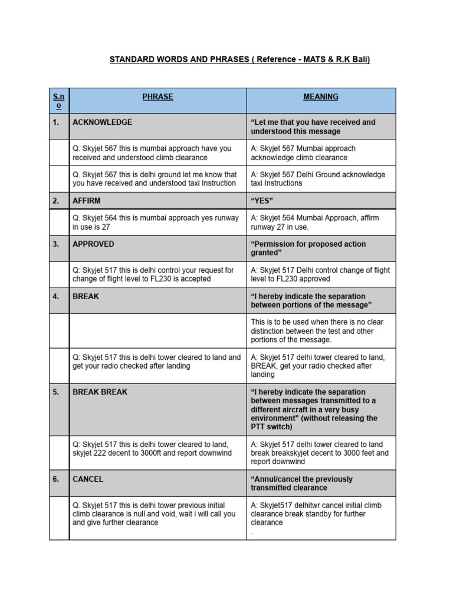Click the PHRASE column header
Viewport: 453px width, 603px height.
point(157,97)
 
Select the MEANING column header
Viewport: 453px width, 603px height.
point(321,97)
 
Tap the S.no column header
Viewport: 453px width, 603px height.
point(59,101)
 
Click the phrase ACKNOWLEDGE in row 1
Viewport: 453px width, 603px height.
point(102,122)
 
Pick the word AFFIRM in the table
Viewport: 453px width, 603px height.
point(86,201)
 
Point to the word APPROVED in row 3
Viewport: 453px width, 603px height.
point(93,244)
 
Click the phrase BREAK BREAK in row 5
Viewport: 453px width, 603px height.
point(100,392)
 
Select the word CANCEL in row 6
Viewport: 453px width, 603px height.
point(88,479)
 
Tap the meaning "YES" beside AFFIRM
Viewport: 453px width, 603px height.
point(262,201)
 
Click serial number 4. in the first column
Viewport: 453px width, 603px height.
point(56,296)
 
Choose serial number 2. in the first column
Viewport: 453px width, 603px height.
point(56,201)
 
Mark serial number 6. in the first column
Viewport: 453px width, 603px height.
point(56,479)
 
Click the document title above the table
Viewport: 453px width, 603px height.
point(239,60)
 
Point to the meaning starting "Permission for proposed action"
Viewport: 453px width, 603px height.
point(308,248)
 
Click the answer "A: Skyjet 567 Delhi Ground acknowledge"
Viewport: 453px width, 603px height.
point(318,179)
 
